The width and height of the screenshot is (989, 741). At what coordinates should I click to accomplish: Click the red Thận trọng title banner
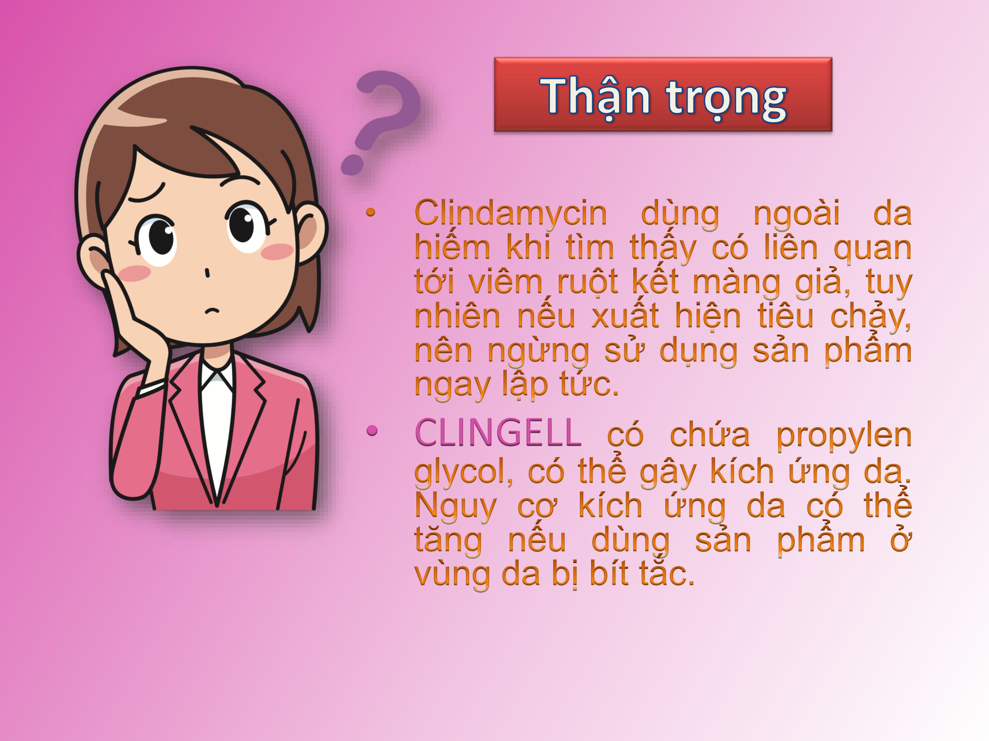(663, 94)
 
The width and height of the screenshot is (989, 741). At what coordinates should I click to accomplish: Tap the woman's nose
(207, 272)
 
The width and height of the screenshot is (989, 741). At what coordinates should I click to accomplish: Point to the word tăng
(448, 540)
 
